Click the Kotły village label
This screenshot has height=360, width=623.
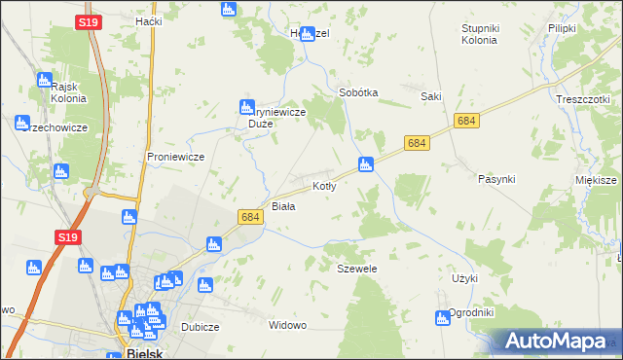point(324,186)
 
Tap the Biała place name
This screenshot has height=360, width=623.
point(283,206)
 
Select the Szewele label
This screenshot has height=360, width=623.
point(356,268)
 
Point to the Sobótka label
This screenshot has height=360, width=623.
point(357,92)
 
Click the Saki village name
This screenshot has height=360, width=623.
point(431,96)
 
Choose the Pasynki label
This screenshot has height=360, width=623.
point(496,179)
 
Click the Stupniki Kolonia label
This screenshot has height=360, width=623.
point(480,34)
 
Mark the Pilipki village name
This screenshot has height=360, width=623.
point(563,29)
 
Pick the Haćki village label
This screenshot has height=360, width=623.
point(149,21)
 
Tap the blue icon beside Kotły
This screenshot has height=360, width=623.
point(366,163)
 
